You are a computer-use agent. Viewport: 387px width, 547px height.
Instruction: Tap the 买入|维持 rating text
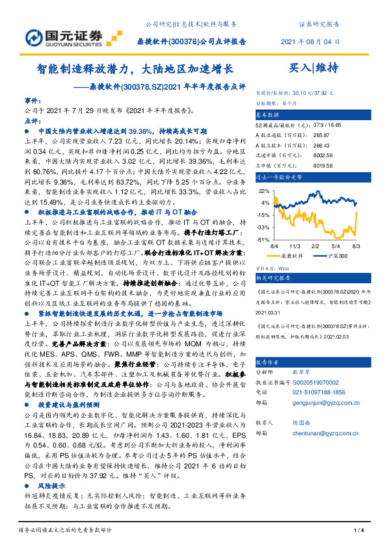[x=313, y=68]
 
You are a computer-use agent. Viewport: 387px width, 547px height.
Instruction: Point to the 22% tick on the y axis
[x=264, y=192]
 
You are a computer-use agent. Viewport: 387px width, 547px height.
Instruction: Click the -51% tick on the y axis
[x=263, y=240]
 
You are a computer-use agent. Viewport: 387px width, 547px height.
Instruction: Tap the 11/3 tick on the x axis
[x=294, y=247]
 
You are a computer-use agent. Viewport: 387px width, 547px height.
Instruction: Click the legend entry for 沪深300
[x=334, y=256]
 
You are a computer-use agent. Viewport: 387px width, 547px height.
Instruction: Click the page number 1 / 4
[x=357, y=531]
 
